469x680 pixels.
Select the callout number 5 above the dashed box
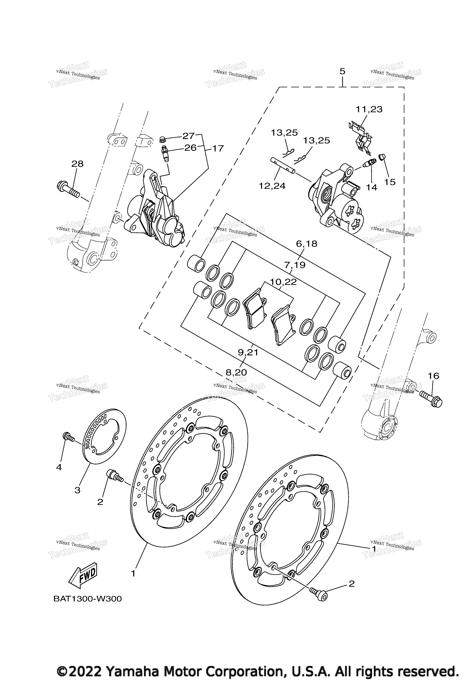pyautogui.click(x=342, y=71)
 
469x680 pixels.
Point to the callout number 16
pyautogui.click(x=433, y=376)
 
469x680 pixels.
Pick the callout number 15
pyautogui.click(x=390, y=182)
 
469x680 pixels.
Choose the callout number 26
pyautogui.click(x=190, y=148)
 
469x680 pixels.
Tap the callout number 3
pyautogui.click(x=77, y=490)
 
